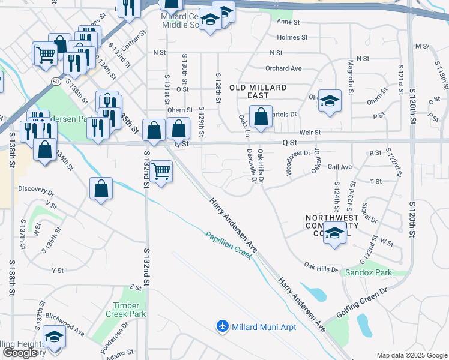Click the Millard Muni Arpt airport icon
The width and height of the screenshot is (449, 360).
coord(223,326)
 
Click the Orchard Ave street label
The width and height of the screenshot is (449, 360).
coord(283,68)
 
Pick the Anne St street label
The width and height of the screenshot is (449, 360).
coord(288,22)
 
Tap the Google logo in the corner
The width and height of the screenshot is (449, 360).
coord(20,352)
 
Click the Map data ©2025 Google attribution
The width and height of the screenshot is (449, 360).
coord(411,355)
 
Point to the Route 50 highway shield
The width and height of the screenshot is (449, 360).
coord(55,80)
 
